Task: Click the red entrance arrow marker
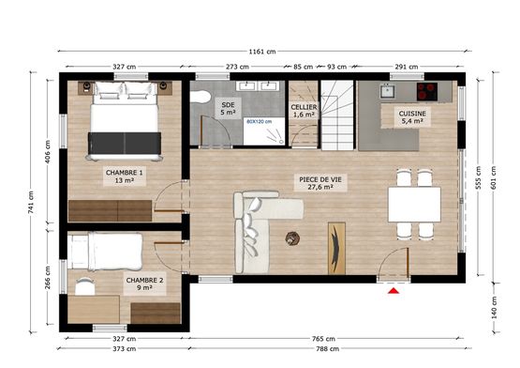pyautogui.click(x=394, y=291)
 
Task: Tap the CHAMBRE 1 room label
pyautogui.click(x=125, y=176)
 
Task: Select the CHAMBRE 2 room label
pyautogui.click(x=144, y=284)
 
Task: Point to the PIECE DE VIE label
pyautogui.click(x=320, y=183)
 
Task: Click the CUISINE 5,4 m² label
pyautogui.click(x=412, y=117)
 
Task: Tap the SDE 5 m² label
pyautogui.click(x=228, y=109)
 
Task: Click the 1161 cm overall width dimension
pyautogui.click(x=262, y=52)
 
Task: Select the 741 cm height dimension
pyautogui.click(x=31, y=203)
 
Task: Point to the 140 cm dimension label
pyautogui.click(x=494, y=308)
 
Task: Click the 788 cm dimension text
pyautogui.click(x=327, y=348)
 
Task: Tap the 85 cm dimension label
pyautogui.click(x=304, y=67)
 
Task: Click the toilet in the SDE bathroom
pyautogui.click(x=201, y=97)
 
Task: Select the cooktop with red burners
pyautogui.click(x=427, y=91)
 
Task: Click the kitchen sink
pyautogui.click(x=387, y=91)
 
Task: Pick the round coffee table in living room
pyautogui.click(x=292, y=238)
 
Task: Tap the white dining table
pyautogui.click(x=414, y=205)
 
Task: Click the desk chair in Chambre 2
pyautogui.click(x=85, y=286)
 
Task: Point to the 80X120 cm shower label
pyautogui.click(x=259, y=122)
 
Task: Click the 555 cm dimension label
pyautogui.click(x=478, y=177)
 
